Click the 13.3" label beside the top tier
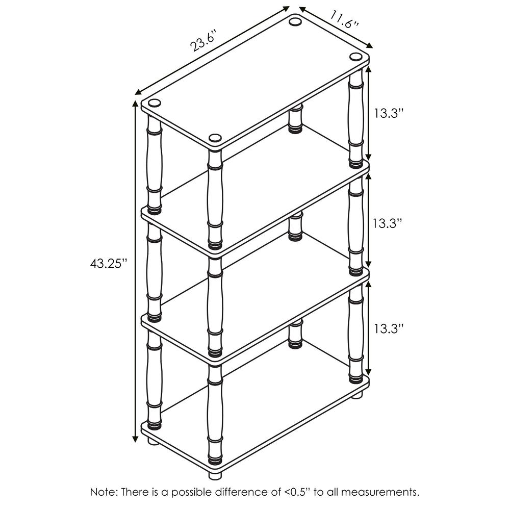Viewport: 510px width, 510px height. [389, 113]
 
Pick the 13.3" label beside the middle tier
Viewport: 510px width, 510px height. [389, 223]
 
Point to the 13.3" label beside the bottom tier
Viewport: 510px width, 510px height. [389, 329]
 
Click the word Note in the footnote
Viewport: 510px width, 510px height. [103, 492]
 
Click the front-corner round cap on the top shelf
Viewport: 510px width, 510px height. [215, 138]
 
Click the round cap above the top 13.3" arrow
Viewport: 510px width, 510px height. [355, 57]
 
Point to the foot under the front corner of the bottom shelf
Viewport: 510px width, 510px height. [215, 473]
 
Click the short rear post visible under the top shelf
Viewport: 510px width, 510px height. [295, 119]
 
